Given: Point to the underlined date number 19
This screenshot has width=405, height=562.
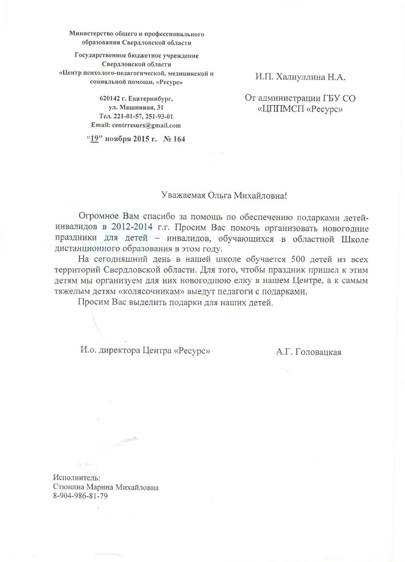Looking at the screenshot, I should (94, 139).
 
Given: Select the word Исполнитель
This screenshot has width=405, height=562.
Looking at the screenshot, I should (76, 478).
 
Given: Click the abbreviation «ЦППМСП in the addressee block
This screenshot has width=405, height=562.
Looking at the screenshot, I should (281, 109).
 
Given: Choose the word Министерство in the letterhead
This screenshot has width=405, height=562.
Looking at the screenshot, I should (93, 34).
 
